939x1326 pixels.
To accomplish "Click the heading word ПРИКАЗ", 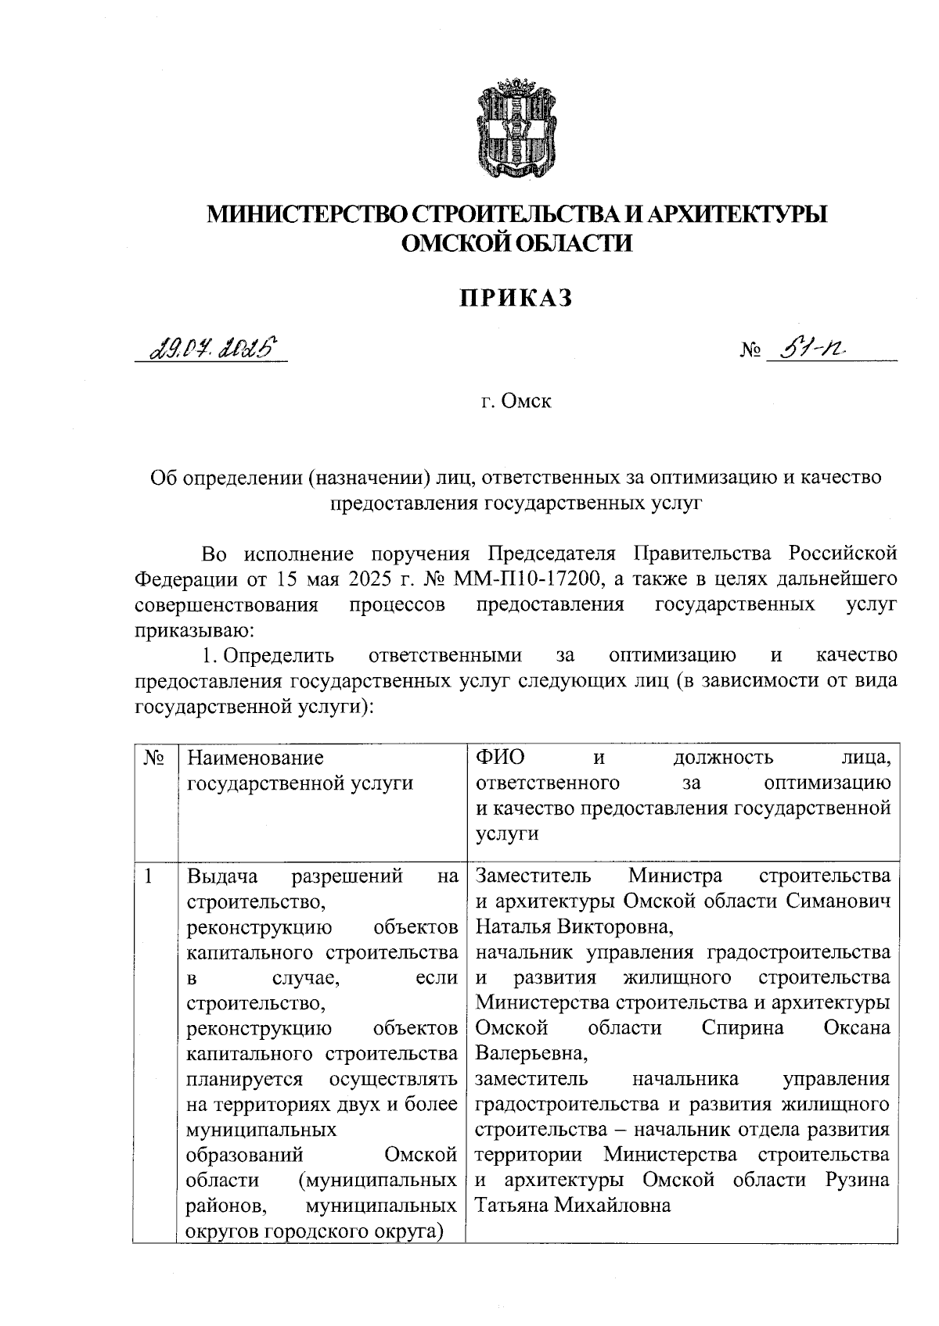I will (x=516, y=298).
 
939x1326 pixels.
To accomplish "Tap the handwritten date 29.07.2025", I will (x=210, y=345).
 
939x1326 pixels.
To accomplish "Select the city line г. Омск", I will (x=516, y=403).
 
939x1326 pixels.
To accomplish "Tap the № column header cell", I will (x=156, y=758).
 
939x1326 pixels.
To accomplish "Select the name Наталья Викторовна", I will (x=574, y=926).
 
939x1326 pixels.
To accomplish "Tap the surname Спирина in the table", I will (x=743, y=1028).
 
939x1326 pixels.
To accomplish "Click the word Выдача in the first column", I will (x=223, y=876).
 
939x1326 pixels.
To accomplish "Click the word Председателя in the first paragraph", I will (x=552, y=554).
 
